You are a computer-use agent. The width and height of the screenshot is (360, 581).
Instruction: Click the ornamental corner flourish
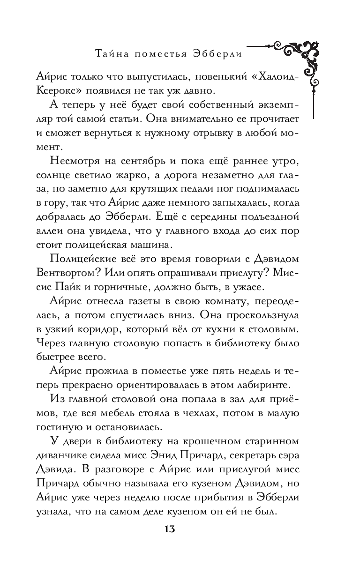tap(300, 59)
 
